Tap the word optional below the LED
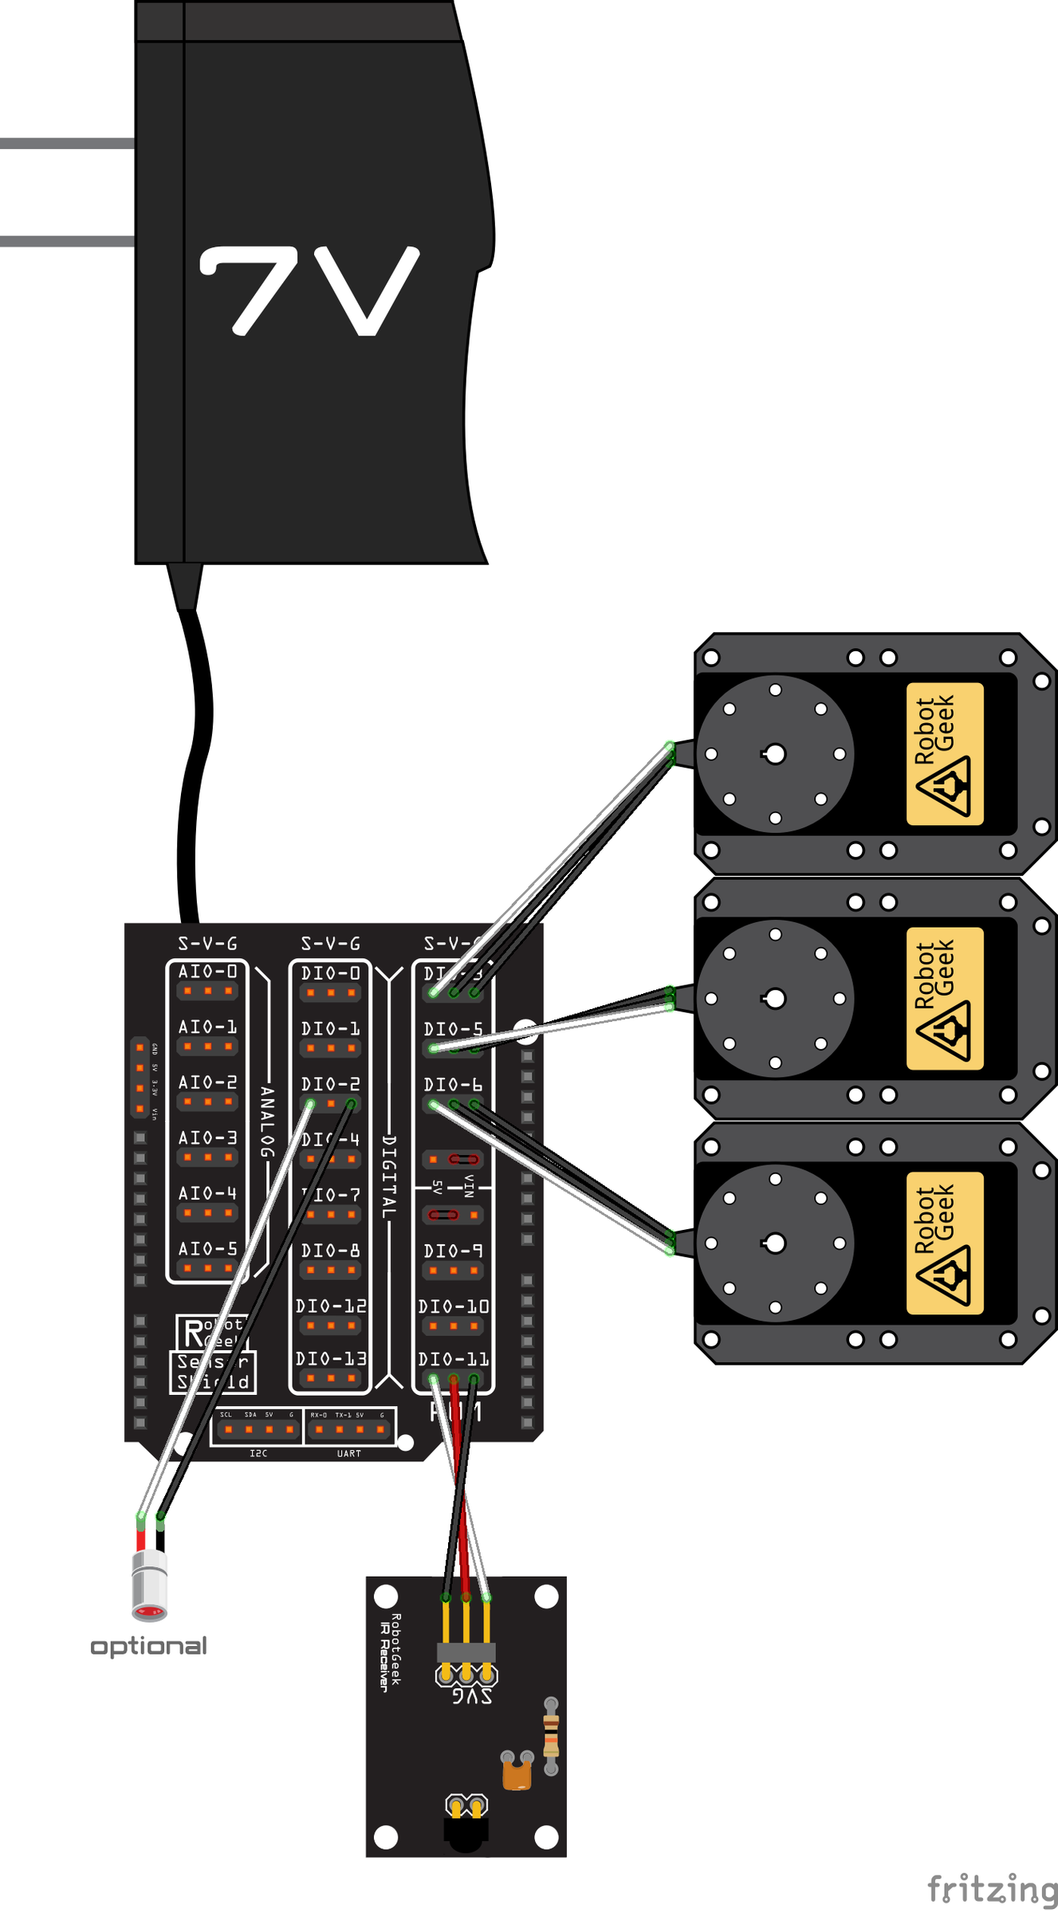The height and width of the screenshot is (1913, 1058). [148, 1645]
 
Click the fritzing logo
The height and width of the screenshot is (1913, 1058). [992, 1888]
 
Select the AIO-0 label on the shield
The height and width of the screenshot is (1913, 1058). [207, 972]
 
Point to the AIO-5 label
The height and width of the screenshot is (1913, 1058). [207, 1249]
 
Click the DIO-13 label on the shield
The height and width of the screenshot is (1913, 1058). [331, 1359]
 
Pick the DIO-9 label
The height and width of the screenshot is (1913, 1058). [453, 1251]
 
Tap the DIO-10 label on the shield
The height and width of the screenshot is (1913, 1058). [453, 1306]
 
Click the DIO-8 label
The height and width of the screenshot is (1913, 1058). [330, 1251]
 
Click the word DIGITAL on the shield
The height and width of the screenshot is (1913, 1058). [389, 1176]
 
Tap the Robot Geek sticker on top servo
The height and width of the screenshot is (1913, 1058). [945, 753]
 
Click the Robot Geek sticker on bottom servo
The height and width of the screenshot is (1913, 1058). [945, 1243]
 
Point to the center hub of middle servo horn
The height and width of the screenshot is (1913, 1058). [774, 998]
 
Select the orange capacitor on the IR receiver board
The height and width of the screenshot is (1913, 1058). [517, 1774]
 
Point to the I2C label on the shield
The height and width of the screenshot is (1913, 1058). [258, 1454]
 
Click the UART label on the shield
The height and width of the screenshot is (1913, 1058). [348, 1454]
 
